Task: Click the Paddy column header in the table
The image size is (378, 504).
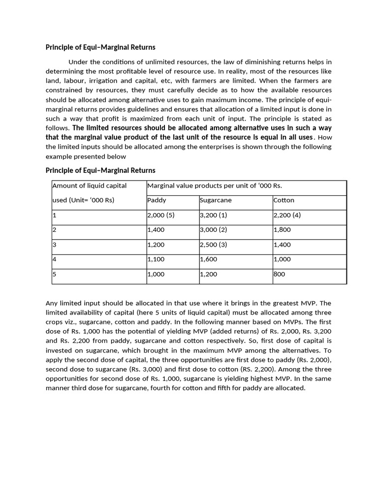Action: [x=157, y=200]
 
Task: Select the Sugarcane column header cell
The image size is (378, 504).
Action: [x=216, y=200]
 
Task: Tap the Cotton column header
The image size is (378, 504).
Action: [x=283, y=200]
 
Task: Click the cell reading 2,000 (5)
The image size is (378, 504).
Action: [x=161, y=215]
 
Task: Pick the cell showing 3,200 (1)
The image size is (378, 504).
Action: [x=214, y=215]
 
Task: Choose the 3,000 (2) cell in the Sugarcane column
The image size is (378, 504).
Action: [x=214, y=230]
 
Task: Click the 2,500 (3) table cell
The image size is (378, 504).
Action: [x=214, y=245]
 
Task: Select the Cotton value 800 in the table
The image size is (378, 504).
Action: [x=279, y=274]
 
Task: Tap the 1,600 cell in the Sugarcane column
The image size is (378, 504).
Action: [x=208, y=259]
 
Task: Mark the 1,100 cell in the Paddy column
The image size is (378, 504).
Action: [x=156, y=259]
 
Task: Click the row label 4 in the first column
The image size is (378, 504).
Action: [x=55, y=259]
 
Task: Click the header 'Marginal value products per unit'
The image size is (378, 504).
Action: [x=215, y=186]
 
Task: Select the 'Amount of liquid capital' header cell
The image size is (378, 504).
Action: [x=90, y=186]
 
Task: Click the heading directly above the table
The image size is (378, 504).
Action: [x=100, y=170]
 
